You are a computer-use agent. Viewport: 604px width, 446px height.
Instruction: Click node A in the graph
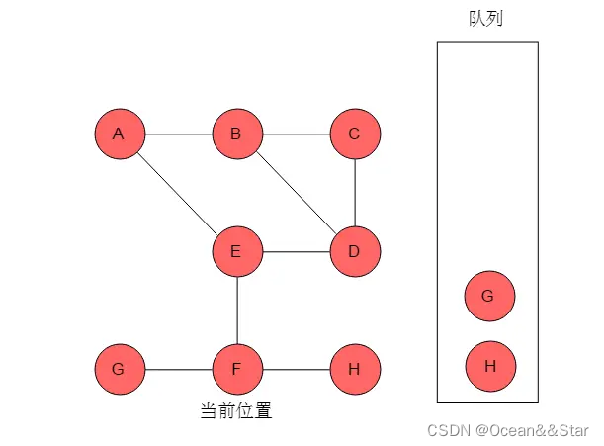pos(120,134)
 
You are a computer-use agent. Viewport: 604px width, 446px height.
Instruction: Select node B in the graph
pos(237,134)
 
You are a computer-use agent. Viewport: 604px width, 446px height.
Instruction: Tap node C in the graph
pos(355,134)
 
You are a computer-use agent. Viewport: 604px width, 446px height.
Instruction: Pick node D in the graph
pos(355,251)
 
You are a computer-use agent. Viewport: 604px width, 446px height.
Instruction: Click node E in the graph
pos(237,251)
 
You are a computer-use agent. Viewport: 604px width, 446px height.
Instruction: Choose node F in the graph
pos(237,370)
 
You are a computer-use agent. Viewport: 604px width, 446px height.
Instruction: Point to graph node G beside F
pos(120,370)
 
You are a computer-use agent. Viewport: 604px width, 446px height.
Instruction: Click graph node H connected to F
pos(355,370)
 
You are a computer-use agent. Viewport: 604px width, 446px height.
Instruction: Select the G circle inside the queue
pos(490,296)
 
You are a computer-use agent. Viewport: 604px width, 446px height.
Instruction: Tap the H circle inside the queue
pos(490,366)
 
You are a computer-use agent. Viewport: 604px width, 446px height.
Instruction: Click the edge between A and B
pos(178,134)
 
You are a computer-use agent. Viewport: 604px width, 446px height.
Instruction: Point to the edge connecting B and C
pos(296,134)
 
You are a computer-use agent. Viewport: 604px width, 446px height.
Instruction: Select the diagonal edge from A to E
pos(178,192)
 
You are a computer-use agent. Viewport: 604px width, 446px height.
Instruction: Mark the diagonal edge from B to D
pos(296,192)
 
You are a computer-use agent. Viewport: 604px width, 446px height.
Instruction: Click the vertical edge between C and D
pos(355,192)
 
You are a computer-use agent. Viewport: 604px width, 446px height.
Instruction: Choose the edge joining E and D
pos(296,251)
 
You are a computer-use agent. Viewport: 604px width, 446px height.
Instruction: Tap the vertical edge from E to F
pos(237,311)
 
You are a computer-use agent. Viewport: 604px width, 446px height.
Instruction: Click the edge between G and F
pos(178,370)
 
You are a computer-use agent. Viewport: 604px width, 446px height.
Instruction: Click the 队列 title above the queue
pos(486,19)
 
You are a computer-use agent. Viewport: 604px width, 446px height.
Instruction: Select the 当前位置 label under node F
pos(236,410)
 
